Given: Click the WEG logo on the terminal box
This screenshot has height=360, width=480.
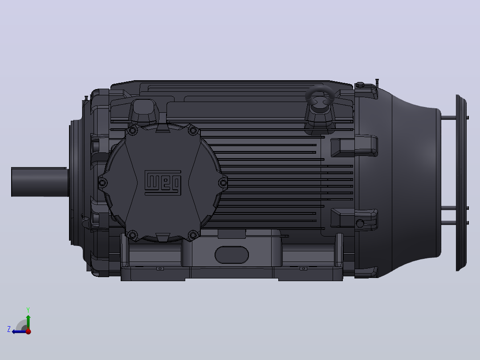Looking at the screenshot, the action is pyautogui.click(x=163, y=183).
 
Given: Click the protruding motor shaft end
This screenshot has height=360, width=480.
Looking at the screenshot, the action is pyautogui.click(x=39, y=182).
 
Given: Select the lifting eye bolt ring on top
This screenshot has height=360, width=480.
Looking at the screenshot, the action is pyautogui.click(x=320, y=96).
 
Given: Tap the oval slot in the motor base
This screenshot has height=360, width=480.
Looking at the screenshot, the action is pyautogui.click(x=232, y=254).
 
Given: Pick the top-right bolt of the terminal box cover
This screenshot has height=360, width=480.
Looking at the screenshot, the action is pyautogui.click(x=193, y=131).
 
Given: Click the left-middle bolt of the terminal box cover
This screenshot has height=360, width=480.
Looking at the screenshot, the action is pyautogui.click(x=102, y=183).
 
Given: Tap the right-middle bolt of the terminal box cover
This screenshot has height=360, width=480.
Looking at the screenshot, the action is pyautogui.click(x=223, y=183).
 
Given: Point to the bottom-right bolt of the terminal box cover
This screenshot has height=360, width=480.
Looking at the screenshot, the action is pyautogui.click(x=193, y=235).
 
